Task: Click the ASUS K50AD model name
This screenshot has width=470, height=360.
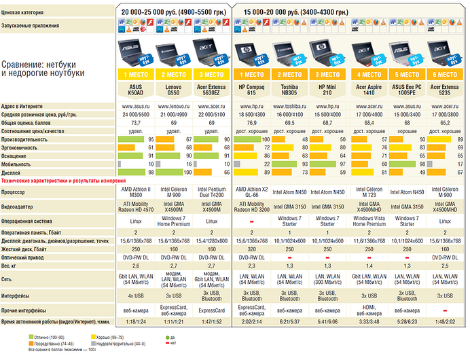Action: click(136, 90)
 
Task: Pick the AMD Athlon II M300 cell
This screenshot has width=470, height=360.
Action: click(136, 191)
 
